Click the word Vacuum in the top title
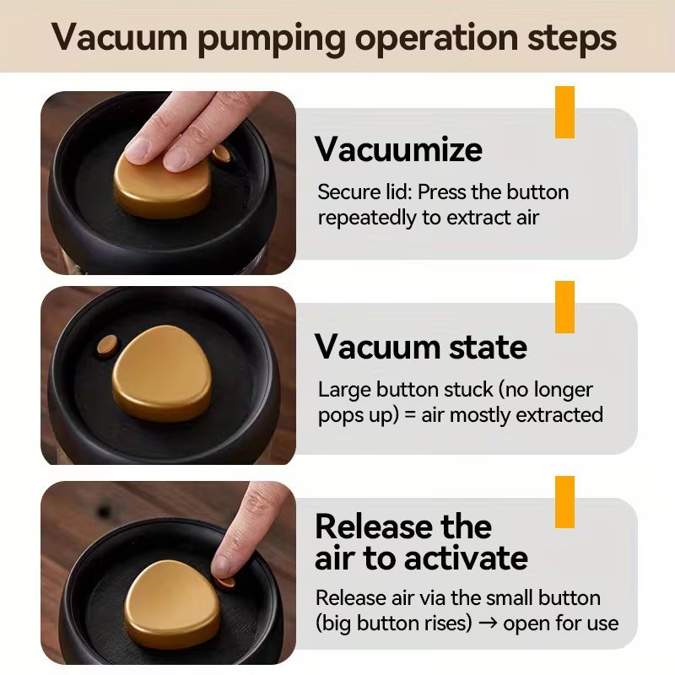[120, 38]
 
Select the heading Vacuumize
[398, 149]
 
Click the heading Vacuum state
[420, 347]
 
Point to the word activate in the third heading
[467, 558]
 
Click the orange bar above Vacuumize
[564, 112]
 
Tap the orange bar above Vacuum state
[564, 307]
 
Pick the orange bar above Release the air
[564, 502]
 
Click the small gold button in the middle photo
[107, 345]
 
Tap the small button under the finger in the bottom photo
[225, 583]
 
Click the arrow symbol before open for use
[488, 623]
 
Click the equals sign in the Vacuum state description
[410, 415]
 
